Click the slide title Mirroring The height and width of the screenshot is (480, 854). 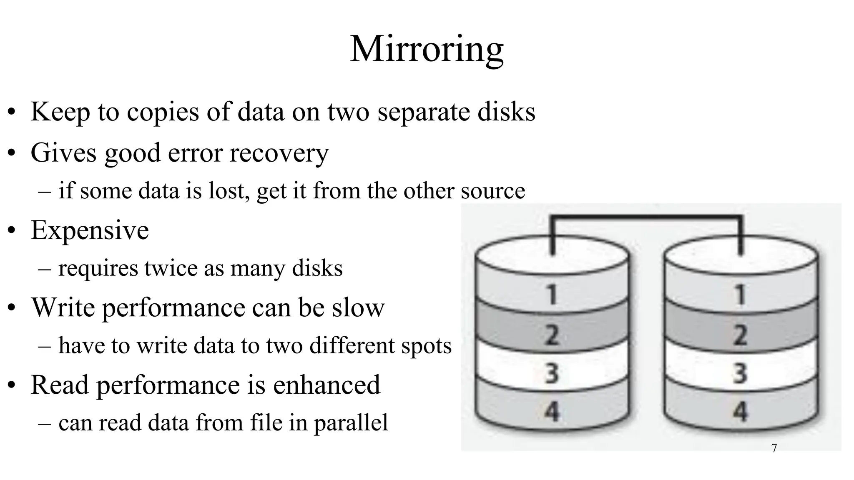pos(427,49)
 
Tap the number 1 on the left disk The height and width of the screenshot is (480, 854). pos(552,295)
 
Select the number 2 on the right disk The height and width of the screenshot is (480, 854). pos(740,335)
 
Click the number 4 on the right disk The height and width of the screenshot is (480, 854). pos(740,411)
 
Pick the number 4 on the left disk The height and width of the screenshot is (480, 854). pos(552,411)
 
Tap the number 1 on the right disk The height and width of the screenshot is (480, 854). pos(740,295)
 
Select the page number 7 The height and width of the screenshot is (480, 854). pos(774,448)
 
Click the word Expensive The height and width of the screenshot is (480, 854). pos(90,230)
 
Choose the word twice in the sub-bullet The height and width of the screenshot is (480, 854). pos(171,268)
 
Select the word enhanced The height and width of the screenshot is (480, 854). pos(327,385)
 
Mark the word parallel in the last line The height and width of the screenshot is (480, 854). pos(351,423)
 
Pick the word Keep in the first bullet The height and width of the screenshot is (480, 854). pos(60,112)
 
